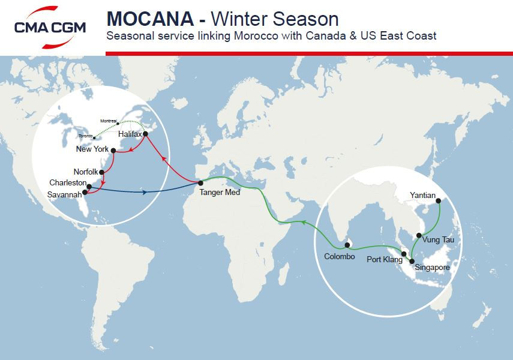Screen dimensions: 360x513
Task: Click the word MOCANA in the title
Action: (x=149, y=19)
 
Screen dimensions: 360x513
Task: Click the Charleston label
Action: (x=68, y=183)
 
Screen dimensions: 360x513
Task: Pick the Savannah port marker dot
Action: (x=85, y=193)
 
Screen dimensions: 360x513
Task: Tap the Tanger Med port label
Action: (x=220, y=193)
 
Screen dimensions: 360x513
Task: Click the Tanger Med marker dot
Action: (x=201, y=182)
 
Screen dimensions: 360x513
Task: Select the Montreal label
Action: (x=109, y=121)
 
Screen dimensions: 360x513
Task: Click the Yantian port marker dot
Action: (x=439, y=201)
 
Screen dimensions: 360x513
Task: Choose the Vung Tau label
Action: (x=439, y=239)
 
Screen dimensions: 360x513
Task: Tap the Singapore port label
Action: (x=432, y=267)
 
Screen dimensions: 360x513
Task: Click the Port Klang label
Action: (x=384, y=260)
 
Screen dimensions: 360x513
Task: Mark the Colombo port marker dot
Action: (x=347, y=245)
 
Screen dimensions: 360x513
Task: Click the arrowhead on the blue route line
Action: (x=146, y=193)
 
